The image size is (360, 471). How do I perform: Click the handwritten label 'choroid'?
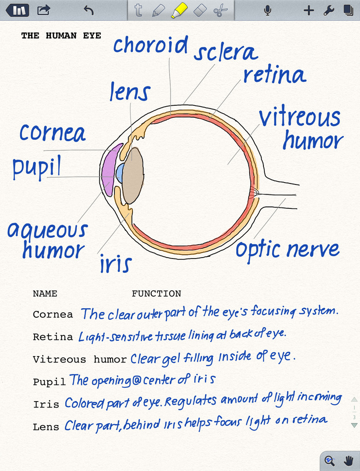point(150,46)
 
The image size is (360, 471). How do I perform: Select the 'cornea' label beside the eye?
point(52,133)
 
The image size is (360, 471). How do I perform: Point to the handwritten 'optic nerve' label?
point(287,250)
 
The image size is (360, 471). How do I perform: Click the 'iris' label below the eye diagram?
point(116,264)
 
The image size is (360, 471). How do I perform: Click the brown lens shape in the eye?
point(133,176)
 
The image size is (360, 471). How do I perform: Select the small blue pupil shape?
point(120,173)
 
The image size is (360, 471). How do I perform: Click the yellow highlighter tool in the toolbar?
point(178,10)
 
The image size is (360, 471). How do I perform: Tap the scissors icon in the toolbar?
point(221,10)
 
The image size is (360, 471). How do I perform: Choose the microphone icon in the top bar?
point(268,10)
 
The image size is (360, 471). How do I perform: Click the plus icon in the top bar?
point(309,10)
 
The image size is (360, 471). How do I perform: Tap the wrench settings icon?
point(328,10)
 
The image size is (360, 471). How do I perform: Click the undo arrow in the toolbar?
point(89,10)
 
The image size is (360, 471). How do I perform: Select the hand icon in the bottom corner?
point(349,460)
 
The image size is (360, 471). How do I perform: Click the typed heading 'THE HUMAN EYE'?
point(61,35)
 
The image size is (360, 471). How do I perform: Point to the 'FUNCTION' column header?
point(156,293)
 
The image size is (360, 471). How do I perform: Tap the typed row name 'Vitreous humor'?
point(80,360)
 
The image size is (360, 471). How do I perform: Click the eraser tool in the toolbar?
point(200,10)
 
